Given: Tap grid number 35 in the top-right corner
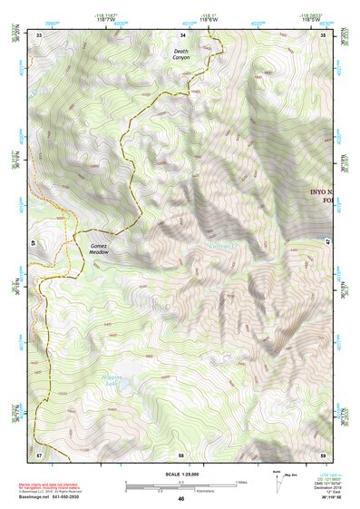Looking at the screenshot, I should coord(325,34).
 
